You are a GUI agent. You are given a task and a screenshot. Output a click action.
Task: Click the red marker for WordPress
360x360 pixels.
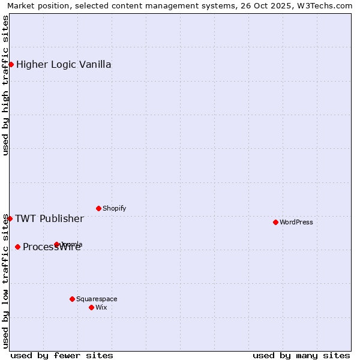click(275, 222)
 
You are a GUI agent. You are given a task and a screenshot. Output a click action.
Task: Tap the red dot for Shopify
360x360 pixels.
click(98, 208)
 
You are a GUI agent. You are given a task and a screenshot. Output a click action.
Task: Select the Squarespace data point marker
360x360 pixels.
click(72, 299)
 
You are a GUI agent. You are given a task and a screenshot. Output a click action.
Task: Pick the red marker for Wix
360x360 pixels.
click(91, 307)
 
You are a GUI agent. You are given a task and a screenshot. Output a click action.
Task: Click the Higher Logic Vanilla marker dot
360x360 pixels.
click(11, 64)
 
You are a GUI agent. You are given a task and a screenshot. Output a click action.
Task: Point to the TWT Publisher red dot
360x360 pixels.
click(10, 218)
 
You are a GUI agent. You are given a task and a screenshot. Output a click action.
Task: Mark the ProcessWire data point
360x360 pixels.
click(17, 247)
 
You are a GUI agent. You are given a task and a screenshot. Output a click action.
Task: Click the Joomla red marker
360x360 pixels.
click(57, 244)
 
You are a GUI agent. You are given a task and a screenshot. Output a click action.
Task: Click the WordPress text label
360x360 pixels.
click(296, 222)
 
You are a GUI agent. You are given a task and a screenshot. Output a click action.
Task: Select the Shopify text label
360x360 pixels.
click(114, 208)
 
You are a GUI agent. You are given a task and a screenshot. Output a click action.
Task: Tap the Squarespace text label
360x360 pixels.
click(97, 299)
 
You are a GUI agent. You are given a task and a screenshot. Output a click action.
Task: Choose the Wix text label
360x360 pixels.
click(101, 307)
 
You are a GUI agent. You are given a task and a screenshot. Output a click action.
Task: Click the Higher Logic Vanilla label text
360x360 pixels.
click(64, 64)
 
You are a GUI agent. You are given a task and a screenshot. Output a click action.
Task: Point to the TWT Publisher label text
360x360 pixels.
click(49, 218)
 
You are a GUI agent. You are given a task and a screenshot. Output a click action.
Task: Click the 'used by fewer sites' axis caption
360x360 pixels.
click(62, 355)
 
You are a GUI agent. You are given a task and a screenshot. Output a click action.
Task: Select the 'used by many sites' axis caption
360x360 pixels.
click(301, 355)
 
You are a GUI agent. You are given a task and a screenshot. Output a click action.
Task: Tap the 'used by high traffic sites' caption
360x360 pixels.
click(6, 85)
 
